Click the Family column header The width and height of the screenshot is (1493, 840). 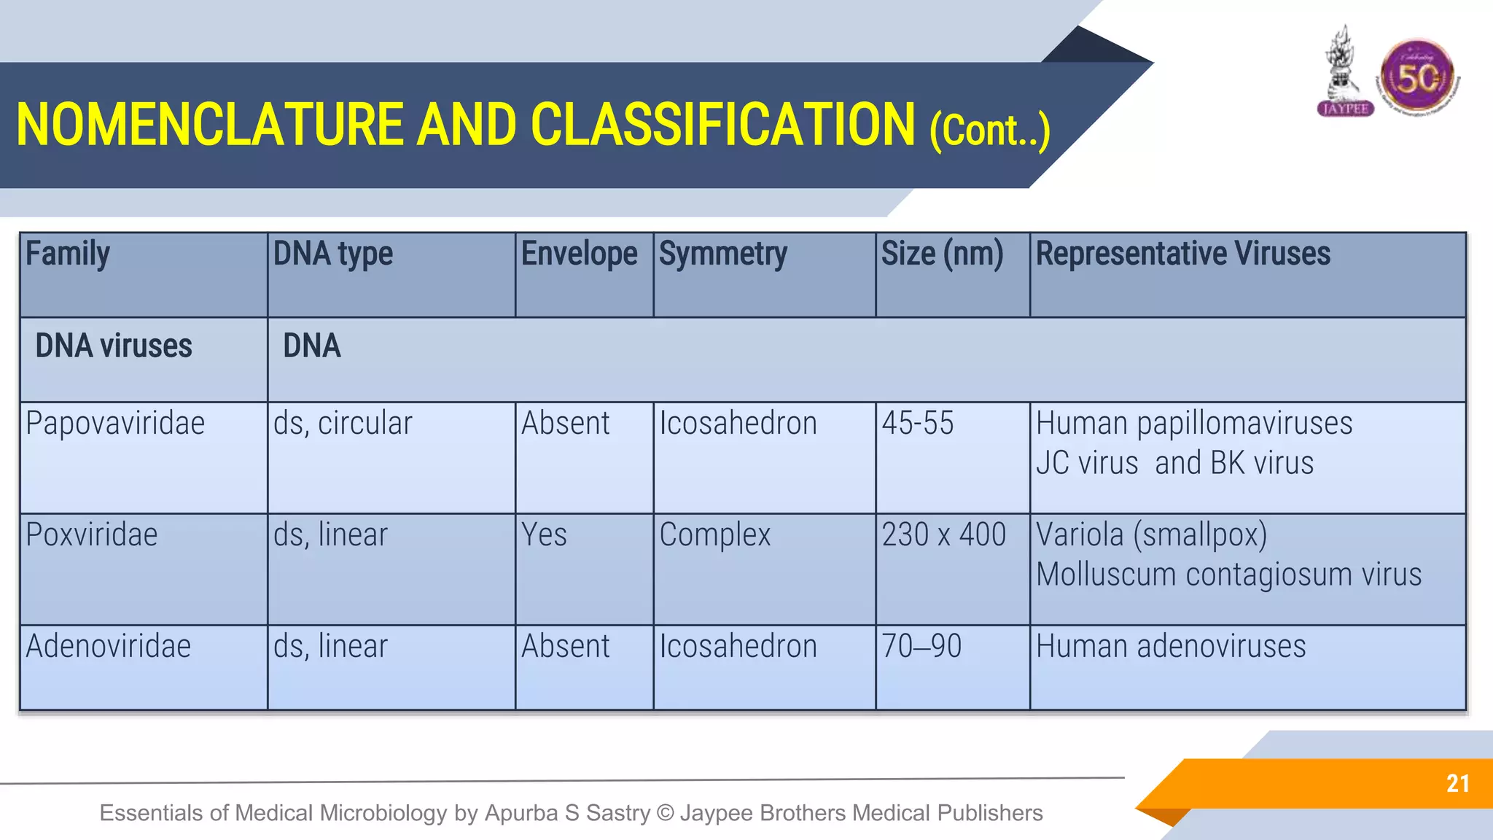(x=68, y=254)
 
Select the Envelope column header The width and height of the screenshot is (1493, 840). (x=579, y=254)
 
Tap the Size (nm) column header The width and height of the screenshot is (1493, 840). (x=942, y=254)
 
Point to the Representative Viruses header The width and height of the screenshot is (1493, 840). (x=1182, y=254)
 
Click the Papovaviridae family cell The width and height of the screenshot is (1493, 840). (x=115, y=424)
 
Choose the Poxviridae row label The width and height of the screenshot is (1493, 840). (x=92, y=535)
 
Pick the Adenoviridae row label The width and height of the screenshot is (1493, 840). (x=109, y=647)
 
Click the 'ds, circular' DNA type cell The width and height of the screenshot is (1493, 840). (x=343, y=424)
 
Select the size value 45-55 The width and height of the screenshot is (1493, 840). (x=917, y=424)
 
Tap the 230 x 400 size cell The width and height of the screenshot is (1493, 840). (x=943, y=535)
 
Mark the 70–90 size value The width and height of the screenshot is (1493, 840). (x=921, y=647)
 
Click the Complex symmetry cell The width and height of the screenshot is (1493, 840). (x=714, y=535)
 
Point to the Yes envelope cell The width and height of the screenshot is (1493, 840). (x=544, y=535)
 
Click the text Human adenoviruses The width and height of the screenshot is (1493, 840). (x=1171, y=647)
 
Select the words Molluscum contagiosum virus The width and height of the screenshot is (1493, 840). (x=1228, y=575)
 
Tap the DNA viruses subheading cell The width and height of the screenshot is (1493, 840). (x=114, y=346)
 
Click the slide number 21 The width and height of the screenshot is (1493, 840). (x=1457, y=784)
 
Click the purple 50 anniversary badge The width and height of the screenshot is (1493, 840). (x=1417, y=77)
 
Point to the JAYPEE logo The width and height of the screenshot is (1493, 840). (x=1345, y=73)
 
